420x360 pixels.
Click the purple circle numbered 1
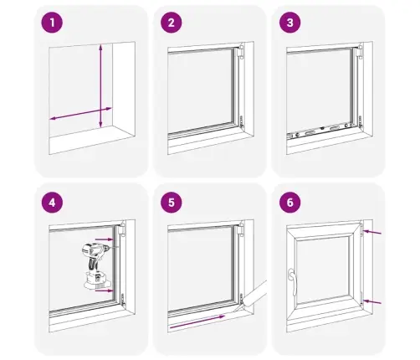52,23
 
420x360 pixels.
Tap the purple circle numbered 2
172,23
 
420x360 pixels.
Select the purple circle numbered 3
290,23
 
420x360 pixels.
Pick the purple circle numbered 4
52,203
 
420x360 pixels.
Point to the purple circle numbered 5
172,203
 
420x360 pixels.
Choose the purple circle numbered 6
290,203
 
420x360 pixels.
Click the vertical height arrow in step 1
100,85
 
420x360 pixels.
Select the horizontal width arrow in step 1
81,114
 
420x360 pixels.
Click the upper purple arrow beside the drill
104,239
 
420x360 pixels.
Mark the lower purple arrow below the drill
104,291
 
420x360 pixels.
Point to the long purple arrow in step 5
197,321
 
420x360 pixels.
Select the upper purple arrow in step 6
372,232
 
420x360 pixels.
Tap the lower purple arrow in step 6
372,301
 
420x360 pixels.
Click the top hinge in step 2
241,51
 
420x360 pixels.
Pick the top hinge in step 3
359,51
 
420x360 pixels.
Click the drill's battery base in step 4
97,280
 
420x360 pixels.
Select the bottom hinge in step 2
242,121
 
